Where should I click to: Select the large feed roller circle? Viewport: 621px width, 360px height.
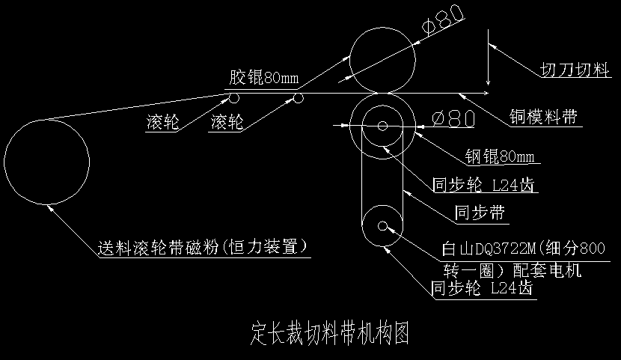pos(46,161)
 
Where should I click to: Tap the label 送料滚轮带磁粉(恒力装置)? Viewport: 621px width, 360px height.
pos(204,247)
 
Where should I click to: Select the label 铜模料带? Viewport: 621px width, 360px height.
pos(544,117)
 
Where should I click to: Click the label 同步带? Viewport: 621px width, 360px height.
pos(480,213)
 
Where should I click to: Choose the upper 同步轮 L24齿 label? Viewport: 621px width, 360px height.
pos(485,185)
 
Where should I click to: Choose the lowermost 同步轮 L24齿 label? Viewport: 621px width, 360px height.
pos(483,288)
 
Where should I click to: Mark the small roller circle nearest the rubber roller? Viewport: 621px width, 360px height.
pos(299,98)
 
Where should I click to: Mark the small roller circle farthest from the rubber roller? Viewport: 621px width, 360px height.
pos(233,98)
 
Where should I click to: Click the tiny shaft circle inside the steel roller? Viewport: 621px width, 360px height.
pos(383,126)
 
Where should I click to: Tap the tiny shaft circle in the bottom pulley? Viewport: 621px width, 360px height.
pos(383,225)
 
